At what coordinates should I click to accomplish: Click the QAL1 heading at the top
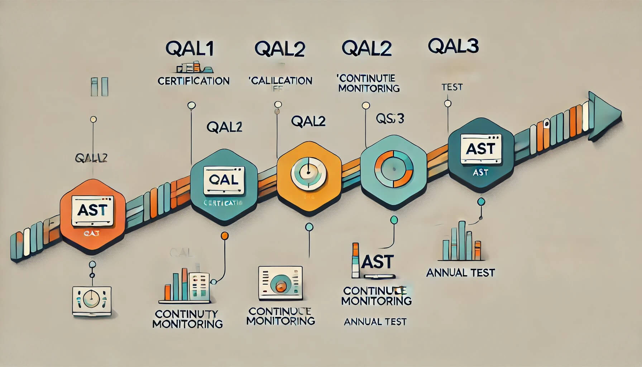coord(190,49)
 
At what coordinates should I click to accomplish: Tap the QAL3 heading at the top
coord(453,46)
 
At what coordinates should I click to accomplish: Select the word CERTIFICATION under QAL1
coord(193,81)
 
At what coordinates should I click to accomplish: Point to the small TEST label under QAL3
coord(452,87)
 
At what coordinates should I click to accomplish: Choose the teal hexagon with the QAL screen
coord(224,186)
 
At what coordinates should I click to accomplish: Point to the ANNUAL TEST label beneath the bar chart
coord(460,273)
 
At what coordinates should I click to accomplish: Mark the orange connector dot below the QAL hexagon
coord(225,235)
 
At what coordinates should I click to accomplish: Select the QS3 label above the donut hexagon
coord(390,118)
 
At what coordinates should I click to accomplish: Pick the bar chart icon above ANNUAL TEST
coord(461,242)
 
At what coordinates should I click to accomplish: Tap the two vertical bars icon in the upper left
coord(99,87)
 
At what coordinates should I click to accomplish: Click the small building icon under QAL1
coord(193,67)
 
